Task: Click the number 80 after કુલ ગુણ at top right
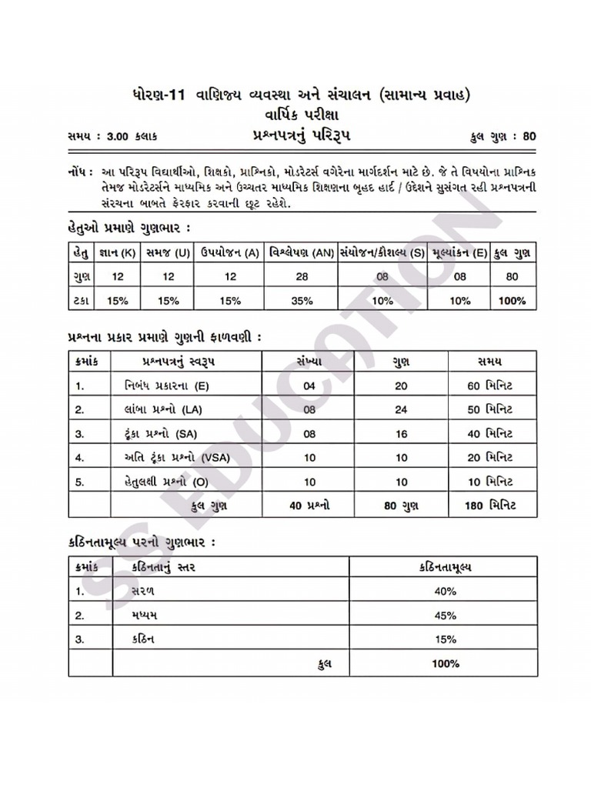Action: [x=529, y=137]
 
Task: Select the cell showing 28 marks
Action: [x=302, y=277]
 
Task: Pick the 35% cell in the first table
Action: [x=302, y=301]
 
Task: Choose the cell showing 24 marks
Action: [x=401, y=409]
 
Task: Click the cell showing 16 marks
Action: [x=401, y=433]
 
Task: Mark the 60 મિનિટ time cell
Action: [x=489, y=386]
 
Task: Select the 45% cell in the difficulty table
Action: [x=444, y=616]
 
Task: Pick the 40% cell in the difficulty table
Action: [x=444, y=592]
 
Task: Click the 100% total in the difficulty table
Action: [x=444, y=663]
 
